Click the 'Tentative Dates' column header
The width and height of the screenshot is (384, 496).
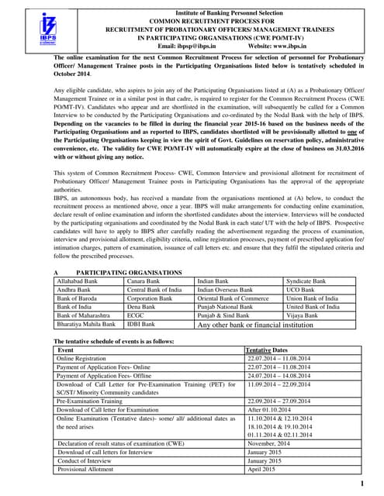coord(268,350)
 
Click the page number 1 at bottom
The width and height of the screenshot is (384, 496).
coord(362,484)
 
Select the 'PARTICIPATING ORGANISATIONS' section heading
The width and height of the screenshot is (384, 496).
coord(128,272)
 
